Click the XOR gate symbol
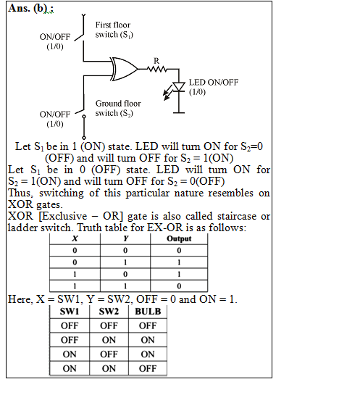pos(125,69)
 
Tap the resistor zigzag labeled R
pos(157,70)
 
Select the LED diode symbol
pos(179,87)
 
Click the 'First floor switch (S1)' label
pos(114,30)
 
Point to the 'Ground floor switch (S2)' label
pos(118,108)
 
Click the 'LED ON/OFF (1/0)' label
pos(214,87)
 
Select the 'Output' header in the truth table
pos(179,238)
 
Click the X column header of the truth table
pos(75,238)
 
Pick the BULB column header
pos(148,311)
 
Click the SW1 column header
pos(70,311)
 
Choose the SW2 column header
pos(109,311)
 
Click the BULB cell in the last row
pos(148,368)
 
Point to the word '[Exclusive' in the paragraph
pos(63,216)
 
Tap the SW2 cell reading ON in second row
pos(109,340)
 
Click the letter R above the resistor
pos(156,61)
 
